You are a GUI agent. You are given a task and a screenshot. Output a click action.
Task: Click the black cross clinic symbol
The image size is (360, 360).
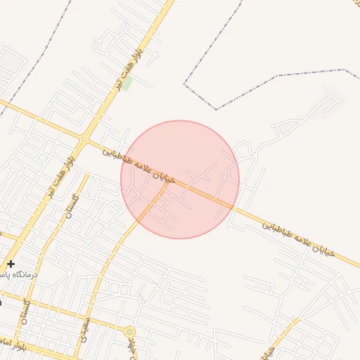(11, 263)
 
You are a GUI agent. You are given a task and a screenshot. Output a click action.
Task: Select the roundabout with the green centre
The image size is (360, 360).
(129, 331)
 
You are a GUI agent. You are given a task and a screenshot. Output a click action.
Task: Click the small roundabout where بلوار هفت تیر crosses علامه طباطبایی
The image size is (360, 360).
(85, 139)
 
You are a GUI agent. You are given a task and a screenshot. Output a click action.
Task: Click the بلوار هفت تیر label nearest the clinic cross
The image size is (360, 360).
(60, 179)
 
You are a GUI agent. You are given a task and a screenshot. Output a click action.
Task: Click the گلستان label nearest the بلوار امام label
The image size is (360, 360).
(27, 310)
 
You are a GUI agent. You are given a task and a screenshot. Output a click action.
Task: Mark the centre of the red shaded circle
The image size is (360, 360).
(180, 179)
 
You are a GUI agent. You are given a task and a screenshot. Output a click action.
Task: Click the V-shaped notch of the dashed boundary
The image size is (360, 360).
(217, 109)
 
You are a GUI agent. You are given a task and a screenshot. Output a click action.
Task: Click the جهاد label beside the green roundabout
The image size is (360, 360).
(133, 347)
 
